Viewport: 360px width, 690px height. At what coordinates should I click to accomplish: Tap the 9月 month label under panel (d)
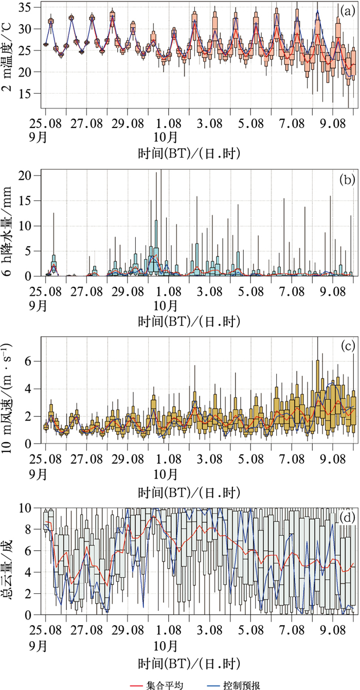(45, 644)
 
